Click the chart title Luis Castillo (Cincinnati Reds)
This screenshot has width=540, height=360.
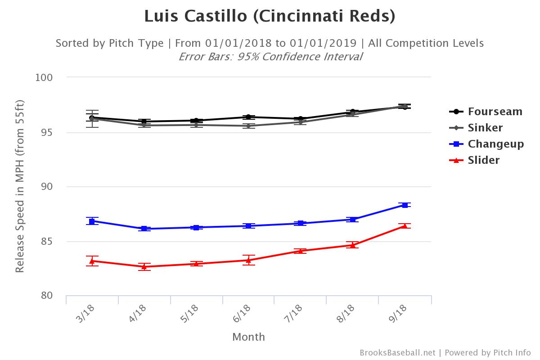pyautogui.click(x=270, y=16)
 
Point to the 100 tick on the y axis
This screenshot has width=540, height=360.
pyautogui.click(x=44, y=77)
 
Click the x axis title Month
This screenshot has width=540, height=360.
pyautogui.click(x=248, y=337)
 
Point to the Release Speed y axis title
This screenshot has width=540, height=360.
pyautogui.click(x=19, y=187)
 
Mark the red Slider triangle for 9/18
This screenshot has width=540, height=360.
pyautogui.click(x=405, y=226)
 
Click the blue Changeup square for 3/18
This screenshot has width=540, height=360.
pyautogui.click(x=92, y=221)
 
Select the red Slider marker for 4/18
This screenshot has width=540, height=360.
pyautogui.click(x=144, y=267)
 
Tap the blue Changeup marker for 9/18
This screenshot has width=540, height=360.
pyautogui.click(x=405, y=205)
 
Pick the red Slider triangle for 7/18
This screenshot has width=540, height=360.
pyautogui.click(x=301, y=251)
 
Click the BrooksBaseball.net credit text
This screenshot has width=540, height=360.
pyautogui.click(x=397, y=353)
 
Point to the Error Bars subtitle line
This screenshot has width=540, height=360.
pyautogui.click(x=270, y=57)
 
